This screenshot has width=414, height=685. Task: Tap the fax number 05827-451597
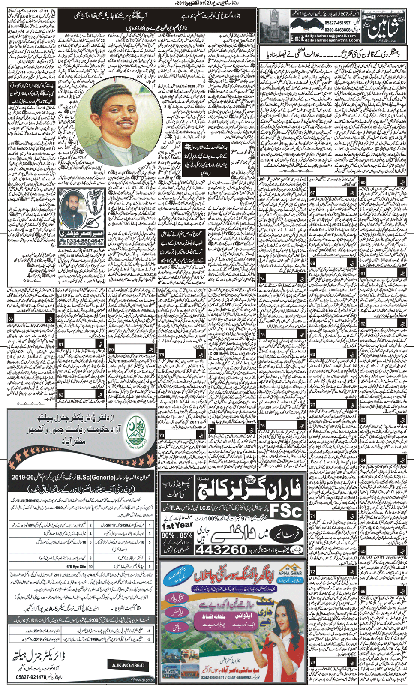click(337, 23)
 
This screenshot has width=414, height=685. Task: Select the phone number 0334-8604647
click(82, 241)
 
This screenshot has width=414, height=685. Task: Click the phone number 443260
click(223, 550)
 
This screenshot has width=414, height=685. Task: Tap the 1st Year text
click(177, 526)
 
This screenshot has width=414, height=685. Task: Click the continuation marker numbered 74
click(262, 279)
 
